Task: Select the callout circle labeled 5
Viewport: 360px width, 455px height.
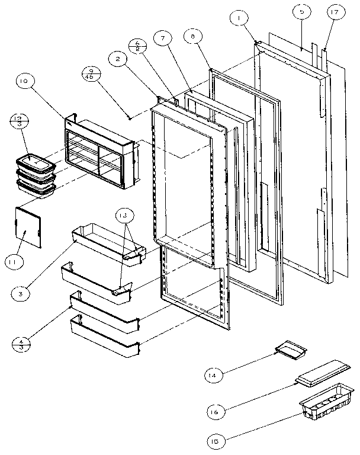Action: (301, 12)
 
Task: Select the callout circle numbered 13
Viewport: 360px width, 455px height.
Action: (126, 217)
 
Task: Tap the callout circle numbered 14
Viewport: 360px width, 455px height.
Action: (214, 375)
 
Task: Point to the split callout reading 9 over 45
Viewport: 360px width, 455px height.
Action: (92, 75)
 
